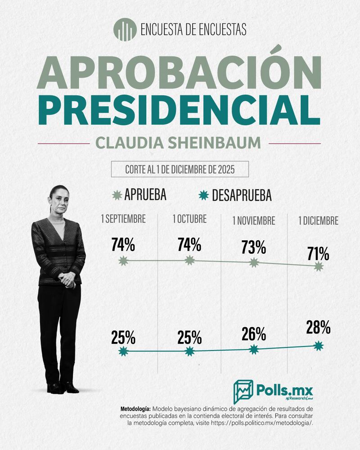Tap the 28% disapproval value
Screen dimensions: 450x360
tap(319, 328)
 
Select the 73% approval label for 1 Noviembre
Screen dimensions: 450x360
tap(253, 247)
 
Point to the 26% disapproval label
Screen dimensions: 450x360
tap(253, 334)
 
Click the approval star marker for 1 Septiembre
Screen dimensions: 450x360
tap(123, 261)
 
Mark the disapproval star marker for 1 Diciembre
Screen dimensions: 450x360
tap(319, 346)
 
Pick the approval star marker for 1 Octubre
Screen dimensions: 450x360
tap(189, 260)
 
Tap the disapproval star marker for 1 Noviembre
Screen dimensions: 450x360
tap(254, 349)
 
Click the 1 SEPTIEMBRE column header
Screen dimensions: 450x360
tap(123, 220)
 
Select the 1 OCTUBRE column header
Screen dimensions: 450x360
tap(189, 220)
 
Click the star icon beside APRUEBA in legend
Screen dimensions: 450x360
tap(117, 195)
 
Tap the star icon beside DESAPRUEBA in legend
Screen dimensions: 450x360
tap(204, 195)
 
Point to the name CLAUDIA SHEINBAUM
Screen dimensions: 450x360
tap(178, 143)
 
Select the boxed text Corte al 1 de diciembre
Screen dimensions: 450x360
tap(180, 170)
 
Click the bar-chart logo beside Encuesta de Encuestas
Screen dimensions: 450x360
tap(125, 30)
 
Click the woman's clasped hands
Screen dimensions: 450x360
tap(67, 279)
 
